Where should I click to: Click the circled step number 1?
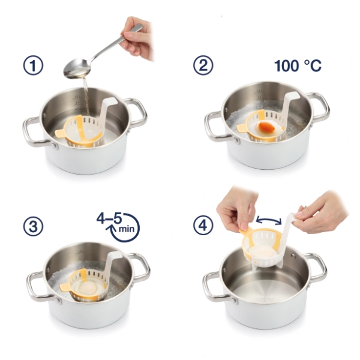click(x=33, y=65)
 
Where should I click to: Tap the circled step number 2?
click(x=203, y=65)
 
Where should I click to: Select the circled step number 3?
click(x=33, y=226)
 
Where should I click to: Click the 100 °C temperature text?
click(x=298, y=65)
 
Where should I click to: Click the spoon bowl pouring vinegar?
click(x=77, y=68)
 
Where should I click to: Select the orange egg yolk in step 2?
click(x=266, y=126)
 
